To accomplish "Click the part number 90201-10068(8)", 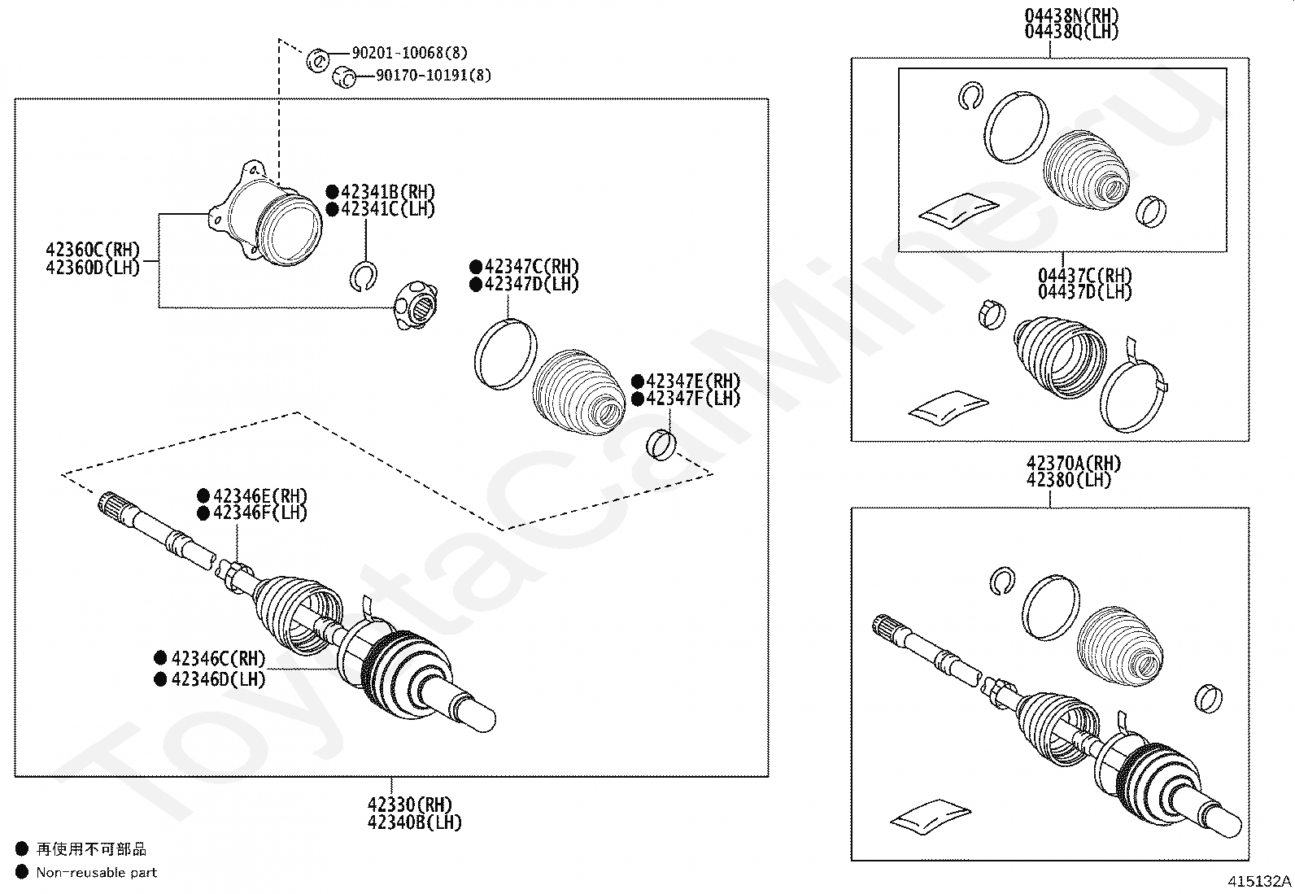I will click(409, 53).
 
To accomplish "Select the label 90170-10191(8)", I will click(434, 76).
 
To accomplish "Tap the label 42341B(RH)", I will click(388, 193).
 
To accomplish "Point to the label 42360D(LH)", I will click(93, 267).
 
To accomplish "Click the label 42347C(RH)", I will click(531, 267).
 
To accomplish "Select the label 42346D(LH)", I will click(219, 678).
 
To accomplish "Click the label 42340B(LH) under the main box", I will click(414, 822).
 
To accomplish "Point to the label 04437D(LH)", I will click(1084, 291).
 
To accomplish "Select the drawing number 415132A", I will click(1259, 881).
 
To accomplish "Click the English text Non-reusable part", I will click(96, 873).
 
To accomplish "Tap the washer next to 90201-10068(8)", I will click(317, 59).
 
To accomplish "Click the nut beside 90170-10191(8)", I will click(344, 78).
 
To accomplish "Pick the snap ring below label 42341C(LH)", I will click(363, 276).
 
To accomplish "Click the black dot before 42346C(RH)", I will click(161, 658).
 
